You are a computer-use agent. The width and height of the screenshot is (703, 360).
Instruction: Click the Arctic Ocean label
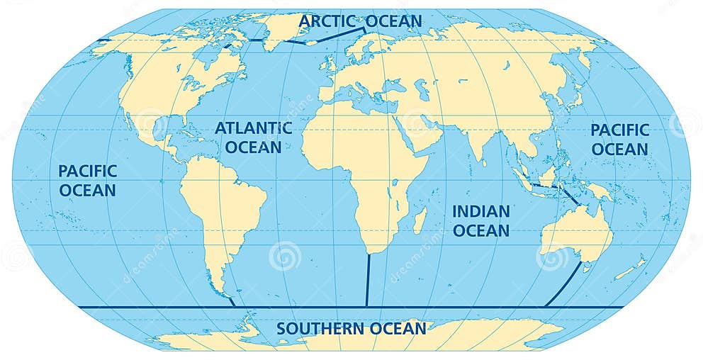click(359, 21)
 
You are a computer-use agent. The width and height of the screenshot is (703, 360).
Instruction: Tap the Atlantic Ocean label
click(253, 137)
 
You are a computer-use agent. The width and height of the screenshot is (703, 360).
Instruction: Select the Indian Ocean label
click(480, 220)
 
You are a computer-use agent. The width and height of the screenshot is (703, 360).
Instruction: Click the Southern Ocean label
click(351, 329)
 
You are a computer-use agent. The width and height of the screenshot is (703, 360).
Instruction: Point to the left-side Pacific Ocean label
click(87, 180)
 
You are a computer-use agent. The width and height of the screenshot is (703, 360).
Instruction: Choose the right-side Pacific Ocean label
click(619, 140)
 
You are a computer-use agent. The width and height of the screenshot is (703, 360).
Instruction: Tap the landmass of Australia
click(575, 230)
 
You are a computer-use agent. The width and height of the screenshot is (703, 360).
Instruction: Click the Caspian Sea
click(424, 91)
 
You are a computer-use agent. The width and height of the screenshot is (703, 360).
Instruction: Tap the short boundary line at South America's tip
click(232, 301)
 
